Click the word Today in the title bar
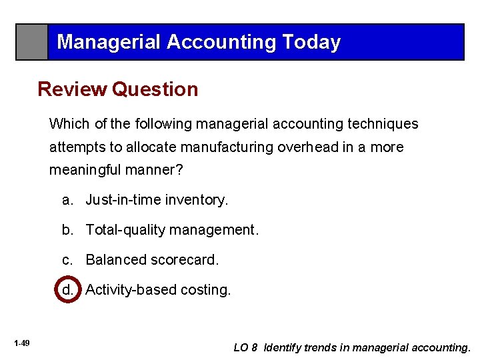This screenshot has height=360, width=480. click(x=311, y=42)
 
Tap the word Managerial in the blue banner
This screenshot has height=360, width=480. click(x=109, y=42)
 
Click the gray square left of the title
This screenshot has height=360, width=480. click(x=32, y=42)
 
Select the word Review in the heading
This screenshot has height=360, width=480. click(x=72, y=89)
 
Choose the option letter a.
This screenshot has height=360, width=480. click(x=67, y=200)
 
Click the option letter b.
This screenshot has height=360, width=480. click(x=67, y=230)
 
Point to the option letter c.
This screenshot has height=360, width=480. click(x=67, y=260)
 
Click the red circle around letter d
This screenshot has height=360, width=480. click(x=67, y=289)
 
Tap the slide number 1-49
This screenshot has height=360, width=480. click(x=21, y=343)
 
